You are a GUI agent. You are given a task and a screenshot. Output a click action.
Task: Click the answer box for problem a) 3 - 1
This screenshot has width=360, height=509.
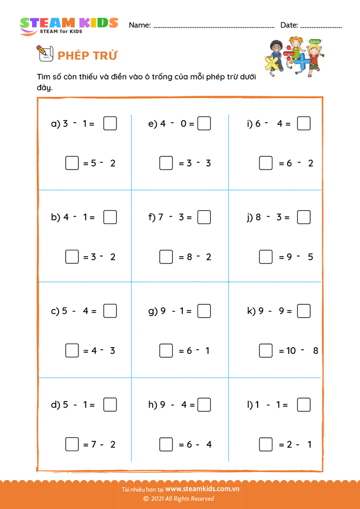tap(110, 124)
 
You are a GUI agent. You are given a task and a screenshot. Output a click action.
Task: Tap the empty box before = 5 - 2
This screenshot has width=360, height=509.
tap(72, 163)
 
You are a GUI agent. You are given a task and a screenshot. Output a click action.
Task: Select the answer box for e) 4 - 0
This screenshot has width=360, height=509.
tap(204, 124)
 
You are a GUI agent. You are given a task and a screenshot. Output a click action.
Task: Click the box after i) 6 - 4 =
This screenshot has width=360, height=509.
tap(304, 124)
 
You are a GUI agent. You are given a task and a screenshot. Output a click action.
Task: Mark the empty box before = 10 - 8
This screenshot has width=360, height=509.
tap(265, 351)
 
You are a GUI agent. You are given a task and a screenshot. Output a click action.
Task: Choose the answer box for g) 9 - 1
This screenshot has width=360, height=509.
tap(204, 311)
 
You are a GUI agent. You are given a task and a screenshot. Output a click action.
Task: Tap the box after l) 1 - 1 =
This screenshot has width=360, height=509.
tap(304, 405)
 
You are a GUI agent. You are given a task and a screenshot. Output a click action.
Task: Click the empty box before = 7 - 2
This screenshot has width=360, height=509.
tap(72, 444)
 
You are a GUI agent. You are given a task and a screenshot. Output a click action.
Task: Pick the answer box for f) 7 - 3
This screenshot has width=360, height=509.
tap(204, 217)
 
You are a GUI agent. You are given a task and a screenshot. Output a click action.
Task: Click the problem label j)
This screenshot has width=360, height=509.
tap(250, 218)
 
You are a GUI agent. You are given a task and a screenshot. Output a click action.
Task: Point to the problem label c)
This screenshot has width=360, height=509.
tap(56, 312)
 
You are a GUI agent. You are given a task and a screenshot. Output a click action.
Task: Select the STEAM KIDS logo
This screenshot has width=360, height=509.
tap(68, 25)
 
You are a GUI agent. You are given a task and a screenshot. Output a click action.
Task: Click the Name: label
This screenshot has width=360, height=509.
tap(140, 25)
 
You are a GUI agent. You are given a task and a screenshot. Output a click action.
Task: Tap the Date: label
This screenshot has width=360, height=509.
tap(289, 25)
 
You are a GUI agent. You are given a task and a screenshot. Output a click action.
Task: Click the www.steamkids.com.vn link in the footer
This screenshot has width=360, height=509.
tap(202, 489)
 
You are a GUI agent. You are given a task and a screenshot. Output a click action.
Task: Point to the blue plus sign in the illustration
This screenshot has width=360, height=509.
tap(302, 62)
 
